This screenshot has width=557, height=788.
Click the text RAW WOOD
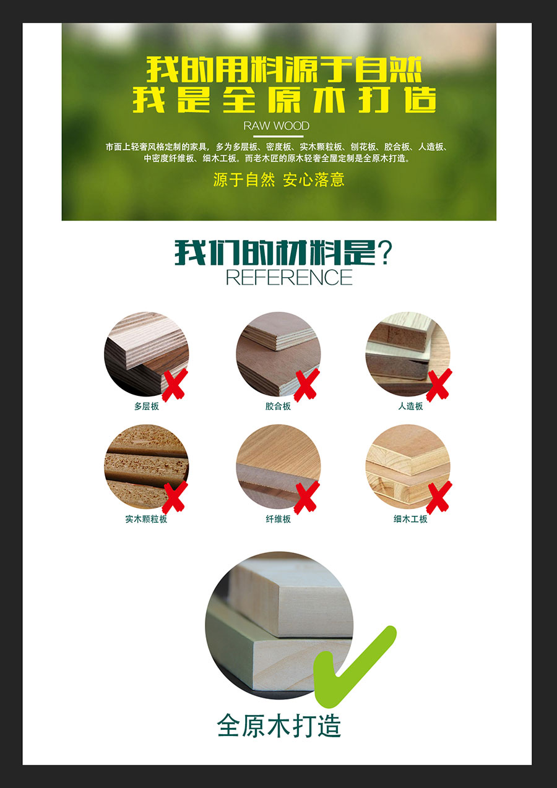point(277,126)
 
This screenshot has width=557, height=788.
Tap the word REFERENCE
point(289,277)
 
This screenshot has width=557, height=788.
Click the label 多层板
point(147,406)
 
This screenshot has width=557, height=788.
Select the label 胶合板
point(278,406)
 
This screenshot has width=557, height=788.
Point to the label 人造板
point(410,406)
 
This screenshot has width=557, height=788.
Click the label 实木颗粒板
point(147,519)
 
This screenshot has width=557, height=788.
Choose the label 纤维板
point(278,519)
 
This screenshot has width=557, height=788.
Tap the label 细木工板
point(410,519)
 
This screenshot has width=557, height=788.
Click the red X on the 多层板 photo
point(175,385)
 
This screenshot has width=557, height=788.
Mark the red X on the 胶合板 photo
point(307,385)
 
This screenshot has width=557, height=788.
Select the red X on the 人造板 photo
point(439,385)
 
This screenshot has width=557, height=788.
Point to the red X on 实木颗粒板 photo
point(175,497)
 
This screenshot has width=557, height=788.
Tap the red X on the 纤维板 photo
point(307,497)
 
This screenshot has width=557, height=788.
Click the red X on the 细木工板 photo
point(439,497)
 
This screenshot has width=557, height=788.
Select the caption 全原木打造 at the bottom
point(279,725)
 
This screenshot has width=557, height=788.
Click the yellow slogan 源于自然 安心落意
point(279,179)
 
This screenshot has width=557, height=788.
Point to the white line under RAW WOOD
point(278,136)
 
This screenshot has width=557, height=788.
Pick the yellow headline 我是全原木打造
point(285,100)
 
